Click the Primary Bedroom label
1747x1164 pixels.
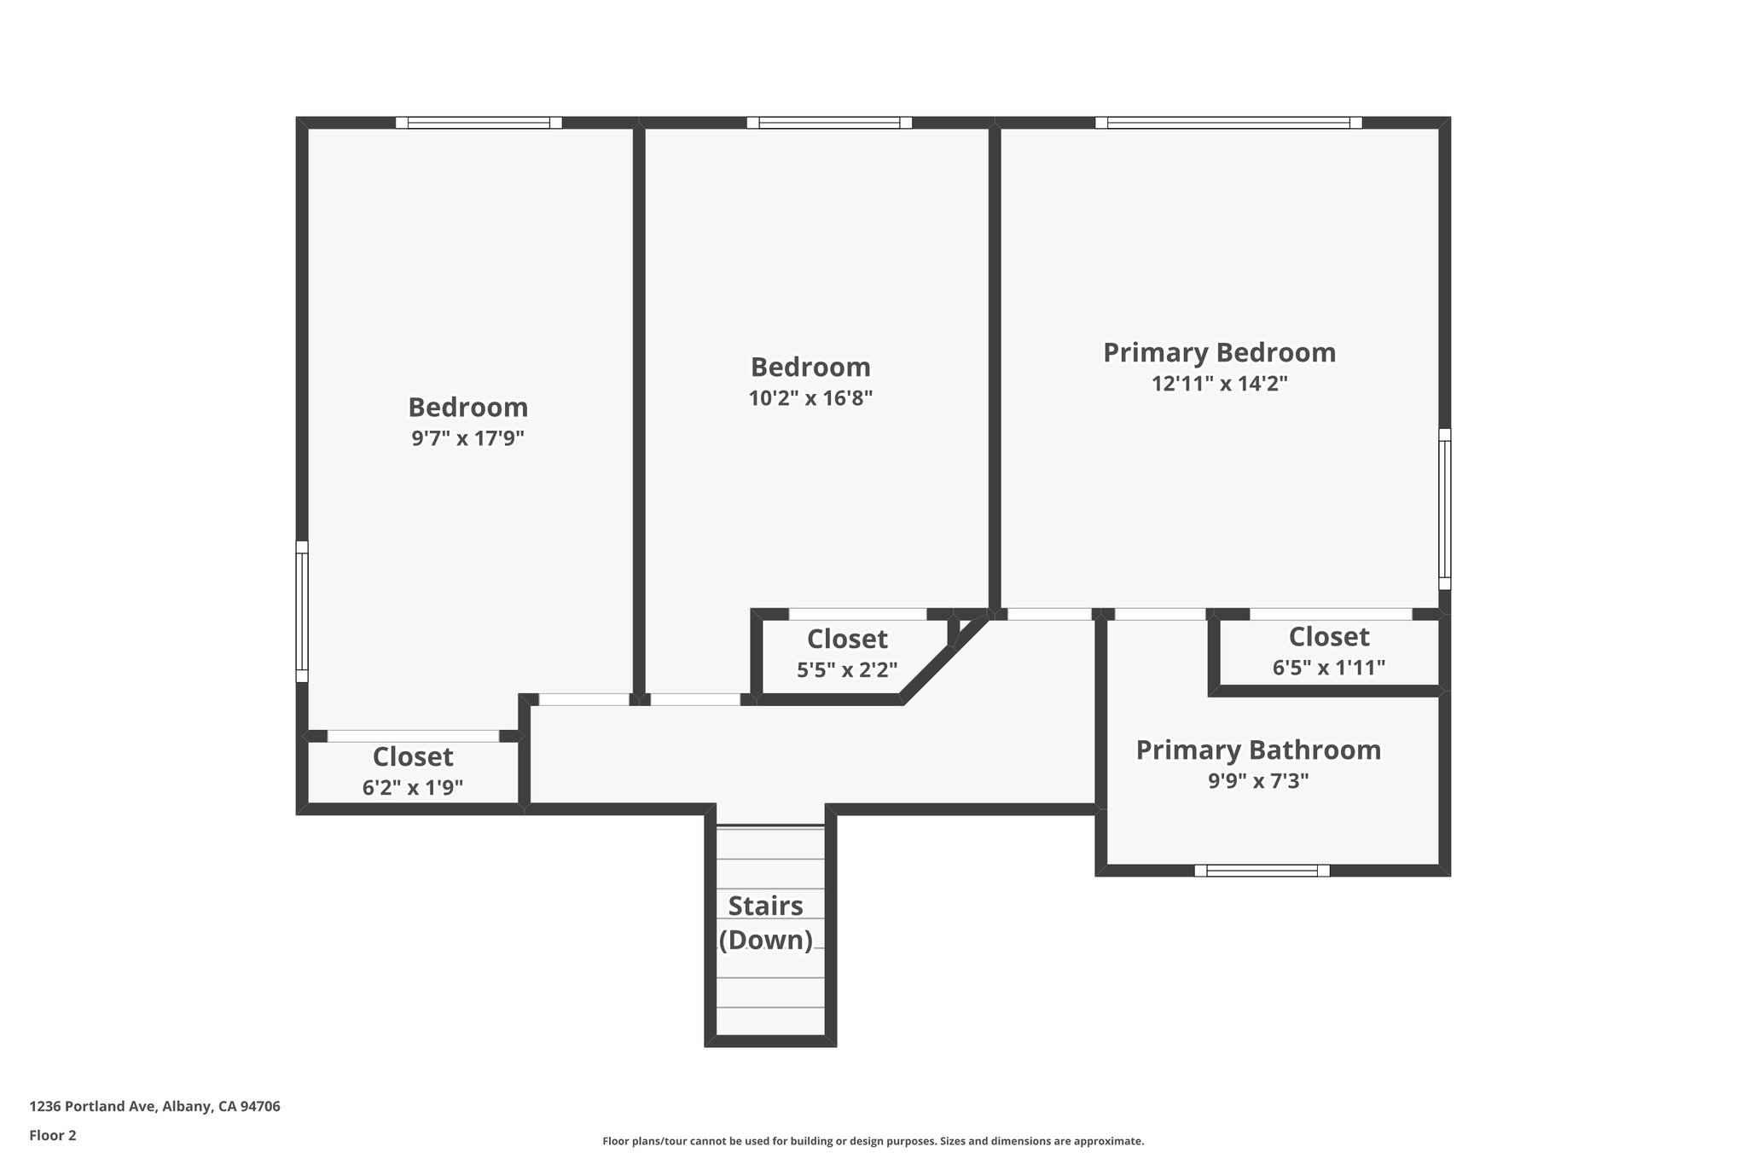(1219, 352)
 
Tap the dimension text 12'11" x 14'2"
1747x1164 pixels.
(1219, 384)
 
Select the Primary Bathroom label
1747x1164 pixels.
(1257, 750)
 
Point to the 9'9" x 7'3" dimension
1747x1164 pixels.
(1257, 780)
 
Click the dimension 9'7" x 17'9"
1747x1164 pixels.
(467, 438)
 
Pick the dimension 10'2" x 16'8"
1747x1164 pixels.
(810, 398)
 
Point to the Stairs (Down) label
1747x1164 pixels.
(765, 923)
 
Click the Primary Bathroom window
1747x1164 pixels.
(1262, 871)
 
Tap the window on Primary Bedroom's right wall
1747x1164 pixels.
(1444, 509)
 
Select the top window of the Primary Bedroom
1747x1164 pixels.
(1228, 123)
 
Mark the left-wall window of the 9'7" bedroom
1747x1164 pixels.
(302, 611)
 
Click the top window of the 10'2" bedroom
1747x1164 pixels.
(829, 123)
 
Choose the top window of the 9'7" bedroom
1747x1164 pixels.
(479, 123)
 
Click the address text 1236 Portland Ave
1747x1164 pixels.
(154, 1106)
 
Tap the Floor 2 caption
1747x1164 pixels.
(53, 1135)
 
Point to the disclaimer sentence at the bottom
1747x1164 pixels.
(873, 1141)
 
